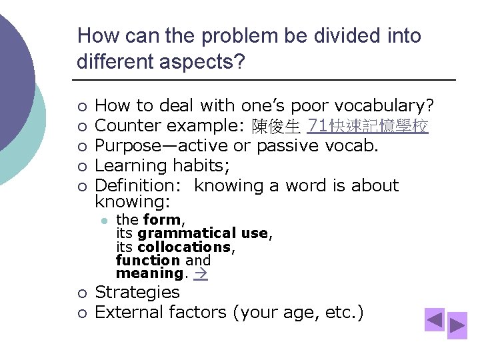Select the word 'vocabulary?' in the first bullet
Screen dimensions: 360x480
(x=385, y=105)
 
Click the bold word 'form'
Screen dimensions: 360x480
(x=161, y=220)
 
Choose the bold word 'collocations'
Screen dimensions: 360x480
(x=183, y=247)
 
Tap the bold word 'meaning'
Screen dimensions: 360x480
(x=149, y=273)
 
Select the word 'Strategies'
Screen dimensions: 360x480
(x=137, y=292)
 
